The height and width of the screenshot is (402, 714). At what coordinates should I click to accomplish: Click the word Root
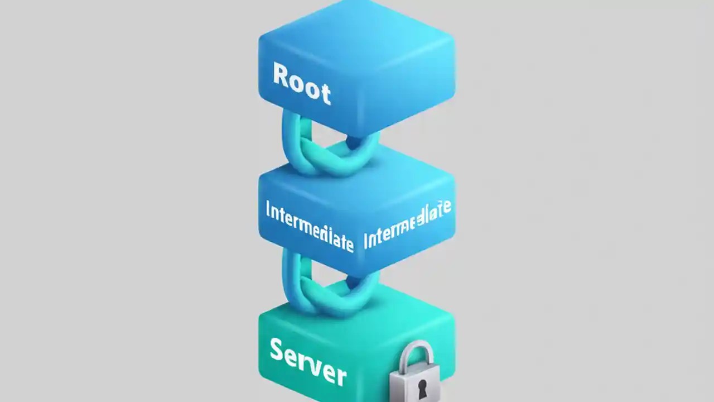pos(302,83)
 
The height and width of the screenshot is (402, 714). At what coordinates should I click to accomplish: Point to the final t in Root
pos(325,93)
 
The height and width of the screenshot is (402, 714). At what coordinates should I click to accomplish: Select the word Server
pos(307,361)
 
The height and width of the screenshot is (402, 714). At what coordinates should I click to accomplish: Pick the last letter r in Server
pos(339,376)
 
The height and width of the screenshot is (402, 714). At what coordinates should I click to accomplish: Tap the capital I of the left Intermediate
pos(268,211)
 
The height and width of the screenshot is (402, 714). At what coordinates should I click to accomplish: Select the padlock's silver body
pos(416,385)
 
